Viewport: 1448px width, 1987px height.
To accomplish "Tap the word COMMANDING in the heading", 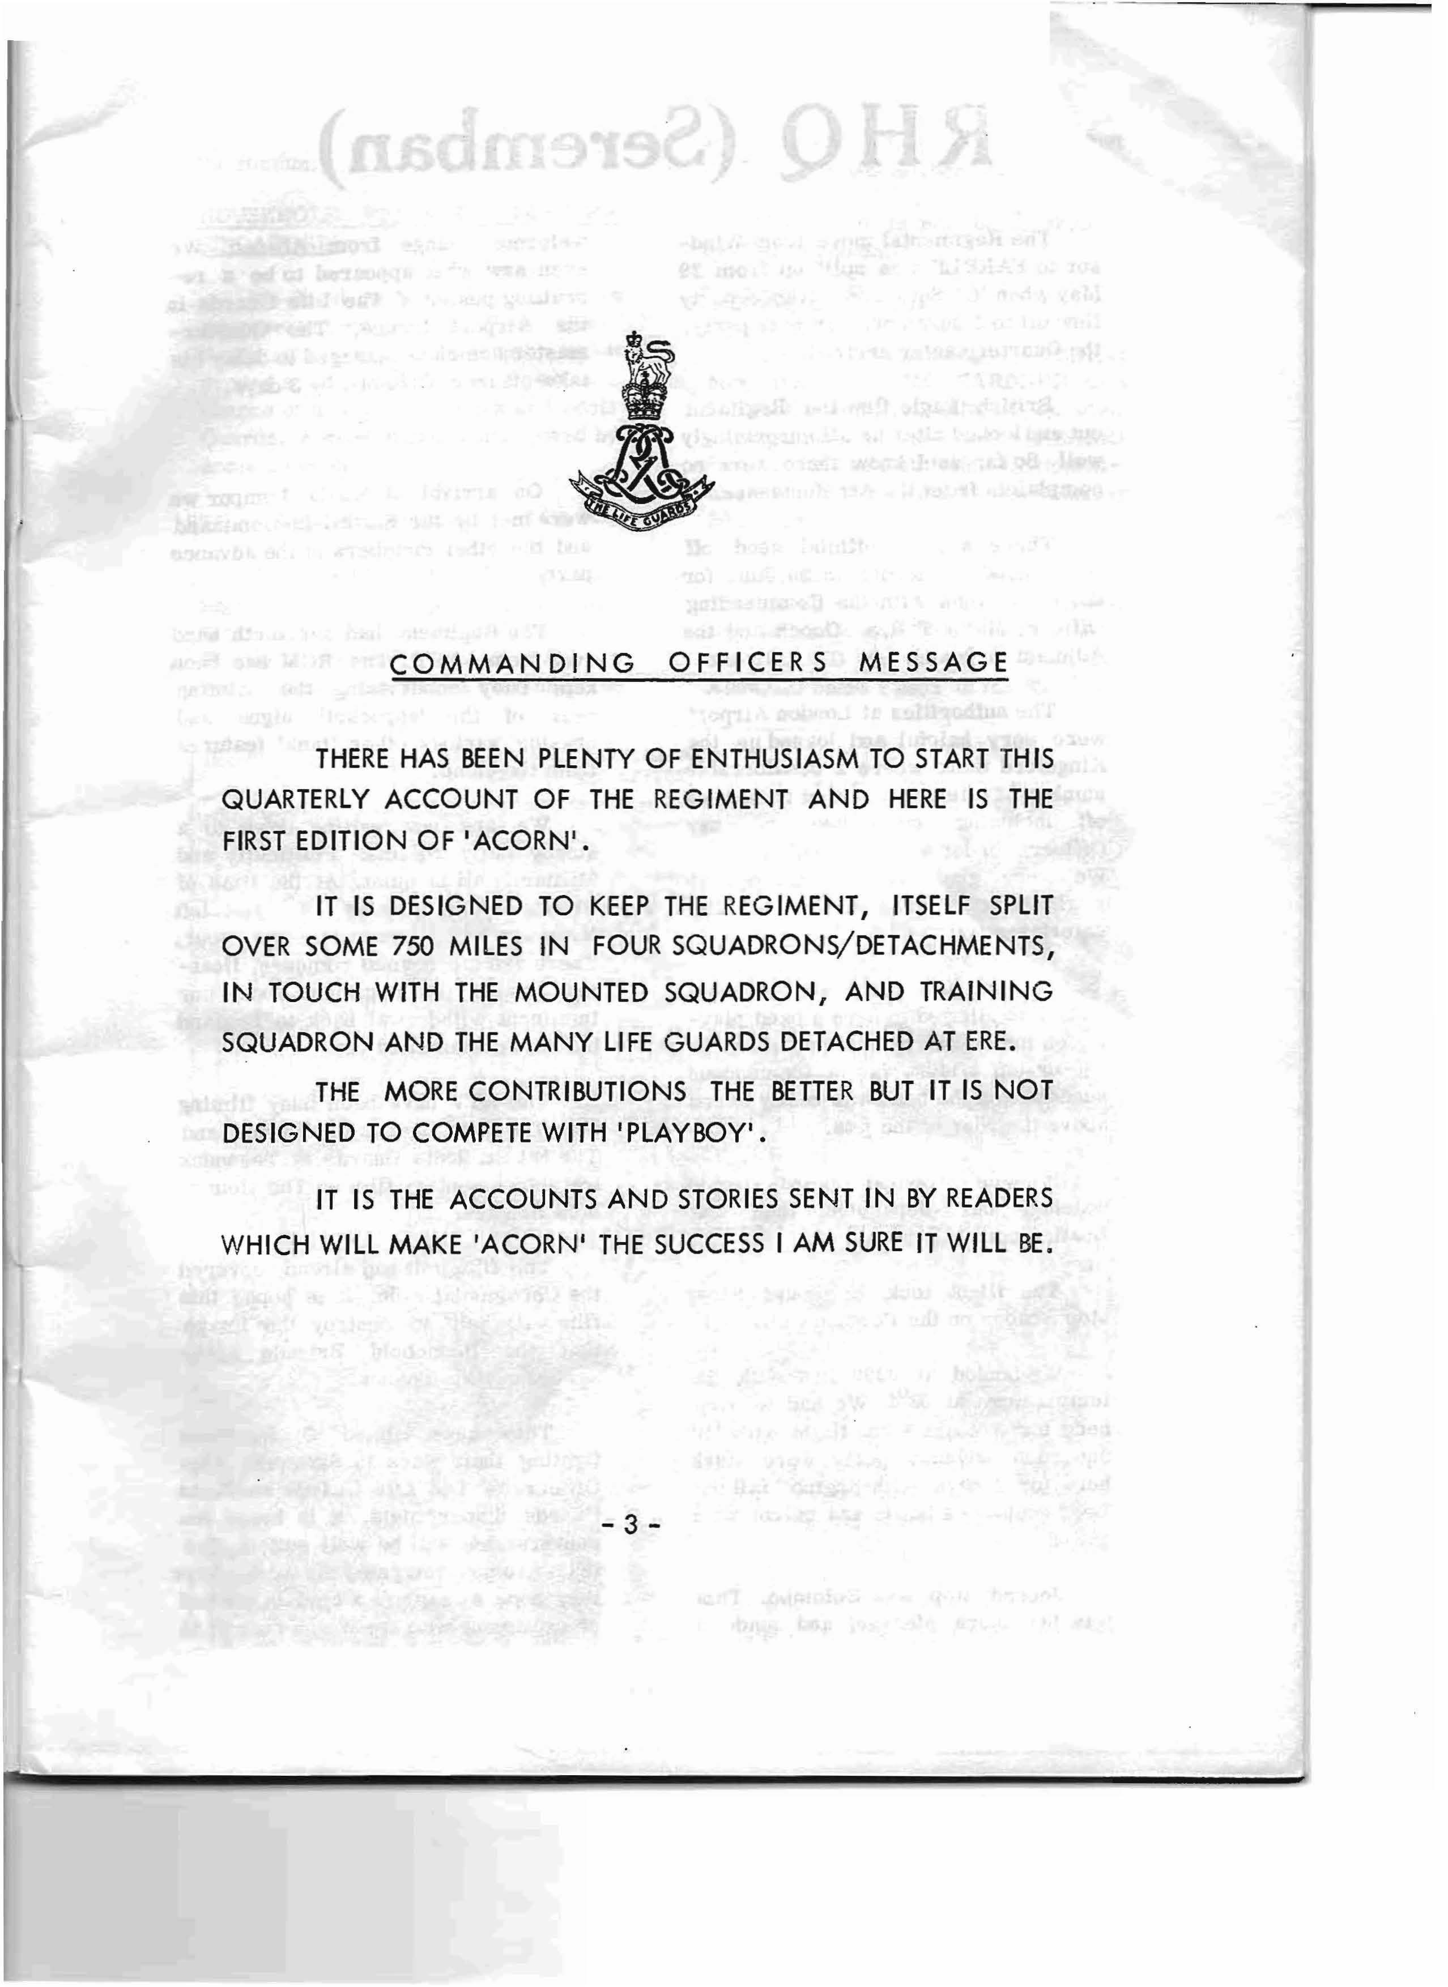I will pyautogui.click(x=514, y=663).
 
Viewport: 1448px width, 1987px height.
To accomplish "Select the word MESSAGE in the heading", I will pyautogui.click(x=934, y=663).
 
